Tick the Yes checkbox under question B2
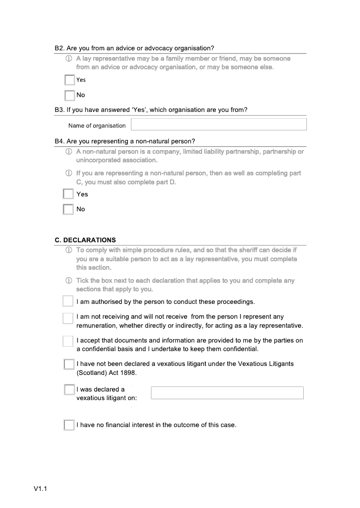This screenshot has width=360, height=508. [x=69, y=80]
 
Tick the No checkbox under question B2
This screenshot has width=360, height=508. [x=69, y=95]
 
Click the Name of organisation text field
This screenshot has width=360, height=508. [x=219, y=125]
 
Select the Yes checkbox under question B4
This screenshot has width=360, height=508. [x=68, y=194]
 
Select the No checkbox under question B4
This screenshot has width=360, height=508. [x=68, y=209]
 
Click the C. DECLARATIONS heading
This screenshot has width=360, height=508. [x=85, y=240]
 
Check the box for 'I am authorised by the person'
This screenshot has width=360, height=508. [x=67, y=301]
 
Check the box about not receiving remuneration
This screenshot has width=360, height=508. [x=67, y=318]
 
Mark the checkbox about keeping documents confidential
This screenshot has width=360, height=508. [x=67, y=341]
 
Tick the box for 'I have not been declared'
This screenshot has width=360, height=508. [x=69, y=364]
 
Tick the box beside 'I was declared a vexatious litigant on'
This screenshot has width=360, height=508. [x=69, y=390]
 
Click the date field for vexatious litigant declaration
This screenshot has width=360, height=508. [x=227, y=393]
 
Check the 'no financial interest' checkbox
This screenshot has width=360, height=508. [x=69, y=425]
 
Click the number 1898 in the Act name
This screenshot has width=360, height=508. [x=128, y=373]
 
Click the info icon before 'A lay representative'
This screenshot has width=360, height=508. [x=69, y=58]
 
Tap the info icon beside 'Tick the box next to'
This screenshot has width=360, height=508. [x=69, y=281]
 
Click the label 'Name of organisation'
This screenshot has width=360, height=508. [x=97, y=125]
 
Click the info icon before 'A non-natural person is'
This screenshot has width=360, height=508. [x=69, y=152]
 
